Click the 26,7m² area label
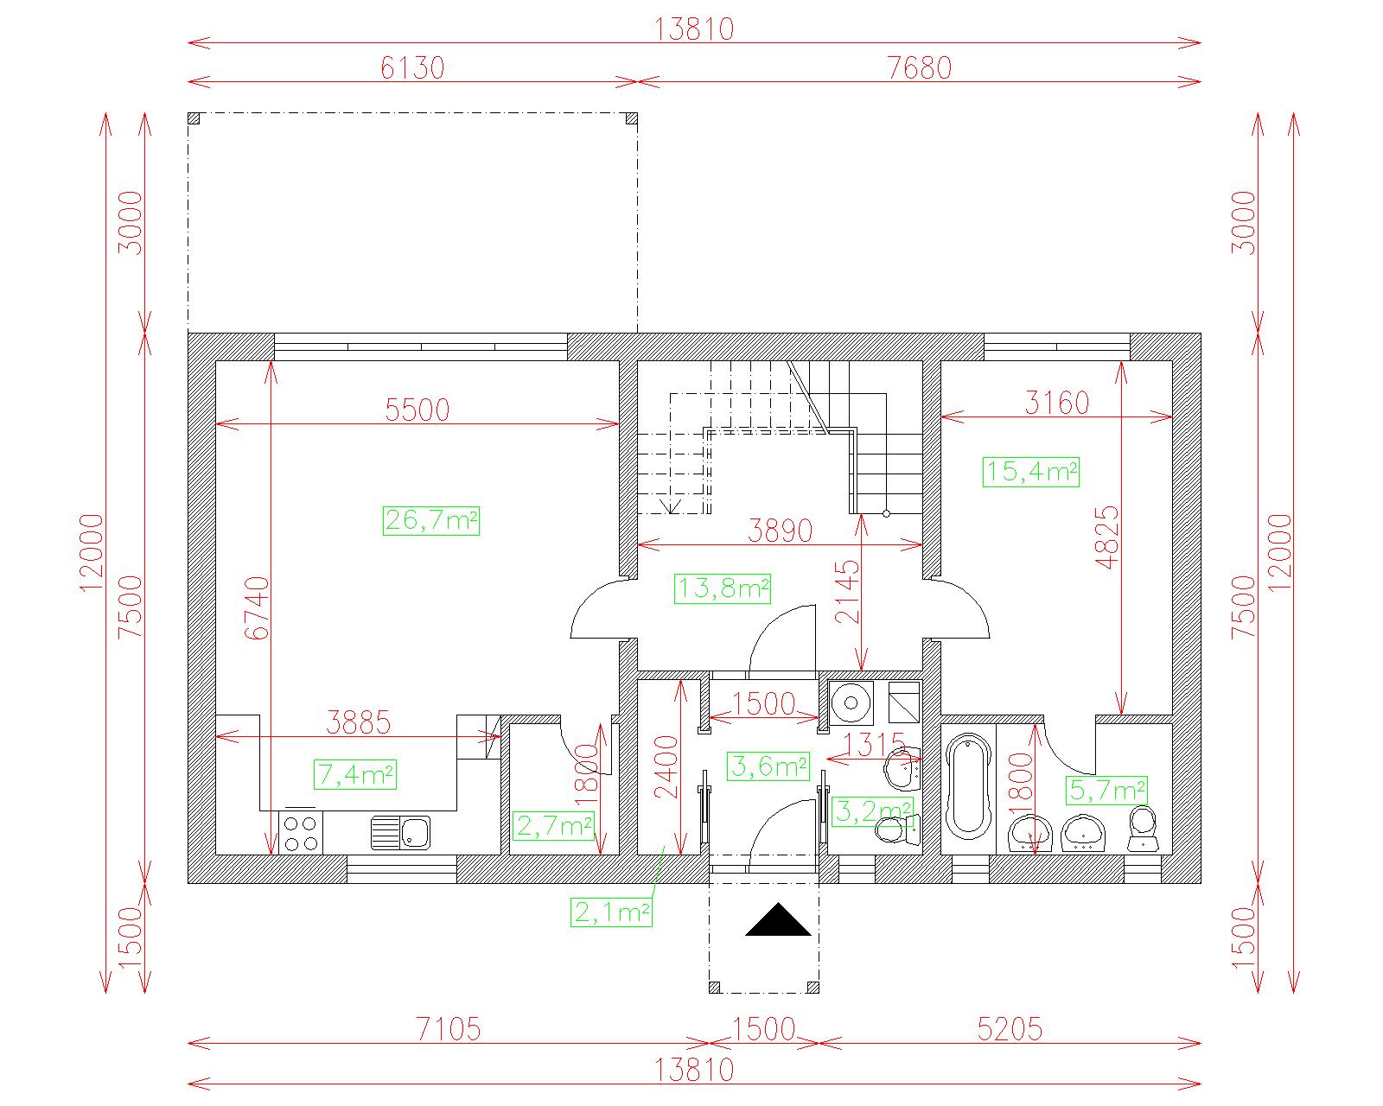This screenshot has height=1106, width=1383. [431, 520]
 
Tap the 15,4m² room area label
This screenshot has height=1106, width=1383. [1031, 472]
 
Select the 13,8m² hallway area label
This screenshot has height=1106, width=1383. [723, 588]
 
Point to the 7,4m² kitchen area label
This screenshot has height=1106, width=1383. [354, 774]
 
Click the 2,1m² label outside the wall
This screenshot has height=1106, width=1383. [611, 912]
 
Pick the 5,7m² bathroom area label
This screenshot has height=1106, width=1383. [1106, 790]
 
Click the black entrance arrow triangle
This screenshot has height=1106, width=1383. [778, 919]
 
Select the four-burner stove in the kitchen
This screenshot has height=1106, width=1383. [301, 832]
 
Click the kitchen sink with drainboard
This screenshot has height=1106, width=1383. [400, 833]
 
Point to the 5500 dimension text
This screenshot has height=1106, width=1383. [417, 410]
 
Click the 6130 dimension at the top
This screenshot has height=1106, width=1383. [412, 68]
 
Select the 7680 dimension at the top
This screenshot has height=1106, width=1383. [919, 68]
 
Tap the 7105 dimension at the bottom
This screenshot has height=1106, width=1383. [449, 1029]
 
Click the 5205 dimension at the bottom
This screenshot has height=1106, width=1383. [1010, 1029]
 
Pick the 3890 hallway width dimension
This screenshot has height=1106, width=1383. [781, 531]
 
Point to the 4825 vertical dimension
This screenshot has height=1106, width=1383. [1107, 537]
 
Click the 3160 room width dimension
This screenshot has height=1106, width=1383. [1056, 403]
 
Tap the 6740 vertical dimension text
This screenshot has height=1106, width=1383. [258, 607]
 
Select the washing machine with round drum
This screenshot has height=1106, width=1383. [851, 702]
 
